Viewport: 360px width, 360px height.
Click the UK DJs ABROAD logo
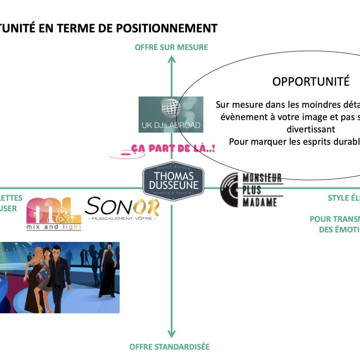pyautogui.click(x=171, y=114)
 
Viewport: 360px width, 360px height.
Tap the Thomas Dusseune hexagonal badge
pyautogui.click(x=173, y=179)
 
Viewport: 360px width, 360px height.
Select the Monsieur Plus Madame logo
pyautogui.click(x=251, y=189)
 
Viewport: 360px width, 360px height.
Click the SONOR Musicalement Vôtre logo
pyautogui.click(x=122, y=208)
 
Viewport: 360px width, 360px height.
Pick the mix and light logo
pyautogui.click(x=54, y=214)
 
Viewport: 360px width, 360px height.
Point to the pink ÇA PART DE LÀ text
pyautogui.click(x=173, y=148)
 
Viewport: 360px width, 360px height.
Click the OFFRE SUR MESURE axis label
pyautogui.click(x=172, y=47)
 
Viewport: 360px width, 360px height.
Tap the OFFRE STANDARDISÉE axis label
pyautogui.click(x=169, y=347)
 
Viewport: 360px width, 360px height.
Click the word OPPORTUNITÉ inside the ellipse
pyautogui.click(x=311, y=82)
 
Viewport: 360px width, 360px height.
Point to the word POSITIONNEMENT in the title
pyautogui.click(x=167, y=28)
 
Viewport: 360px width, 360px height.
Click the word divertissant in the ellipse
pyautogui.click(x=311, y=129)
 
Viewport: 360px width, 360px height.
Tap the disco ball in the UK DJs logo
pyautogui.click(x=171, y=107)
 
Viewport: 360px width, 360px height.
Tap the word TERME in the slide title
pyautogui.click(x=74, y=28)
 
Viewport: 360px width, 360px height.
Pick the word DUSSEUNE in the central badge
pyautogui.click(x=174, y=185)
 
